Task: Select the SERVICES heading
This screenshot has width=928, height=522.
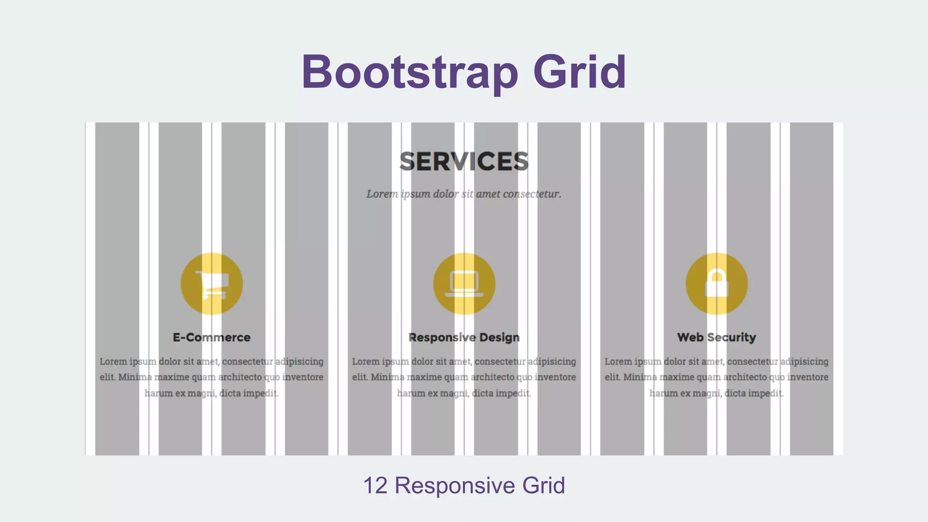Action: tap(464, 162)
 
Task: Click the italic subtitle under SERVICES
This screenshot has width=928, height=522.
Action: tap(464, 194)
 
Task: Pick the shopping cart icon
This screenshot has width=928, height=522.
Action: tap(212, 284)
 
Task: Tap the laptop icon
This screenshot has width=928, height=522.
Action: tap(464, 284)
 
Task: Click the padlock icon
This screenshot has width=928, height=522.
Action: tap(716, 284)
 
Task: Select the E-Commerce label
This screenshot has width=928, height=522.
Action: tap(212, 338)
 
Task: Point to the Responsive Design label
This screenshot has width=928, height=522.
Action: tap(464, 338)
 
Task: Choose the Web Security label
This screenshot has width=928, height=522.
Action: tap(716, 338)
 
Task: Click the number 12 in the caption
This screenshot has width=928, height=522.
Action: tap(375, 486)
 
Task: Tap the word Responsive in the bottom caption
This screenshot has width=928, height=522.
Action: tap(454, 486)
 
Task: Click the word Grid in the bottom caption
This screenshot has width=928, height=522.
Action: tap(543, 486)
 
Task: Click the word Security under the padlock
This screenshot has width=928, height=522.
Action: tap(731, 338)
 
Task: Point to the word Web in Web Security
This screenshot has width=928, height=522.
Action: tap(690, 338)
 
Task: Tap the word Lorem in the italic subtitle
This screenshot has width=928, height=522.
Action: tap(382, 194)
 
